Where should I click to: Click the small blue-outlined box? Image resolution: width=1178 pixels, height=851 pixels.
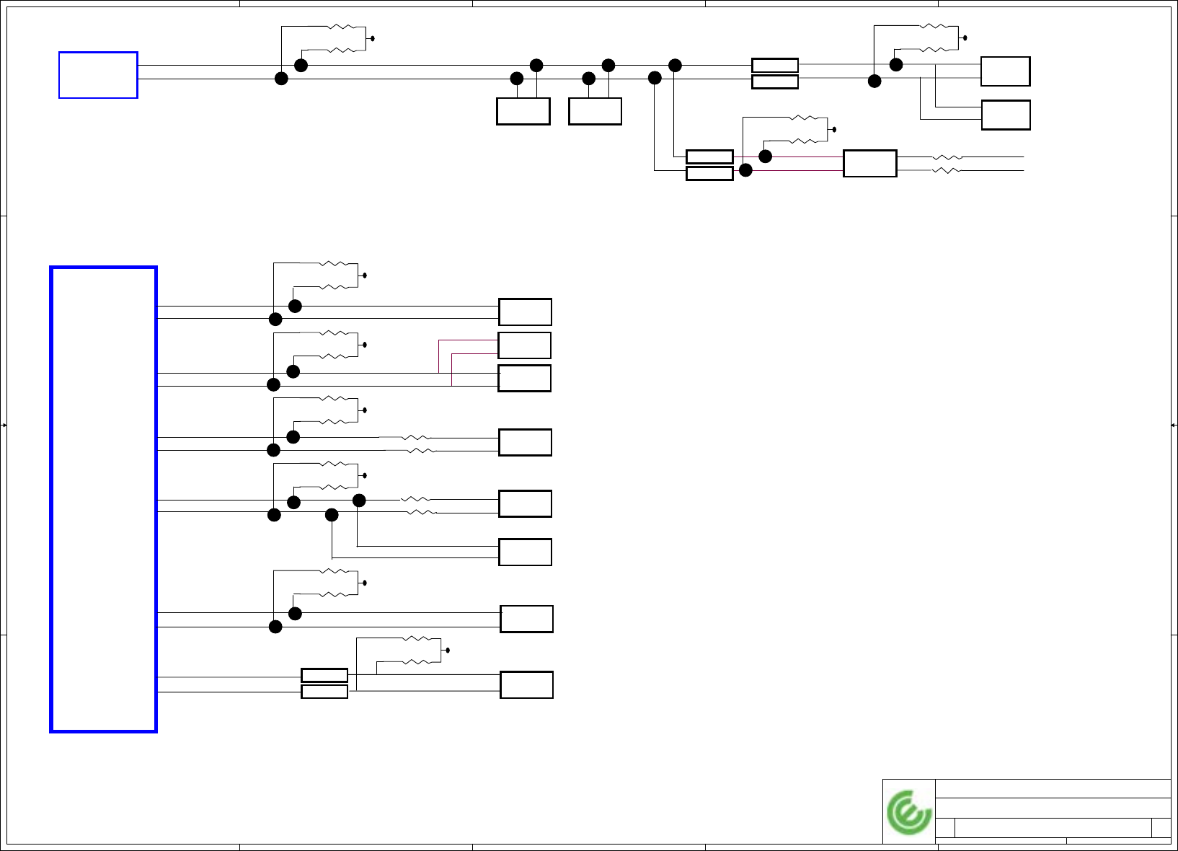click(98, 75)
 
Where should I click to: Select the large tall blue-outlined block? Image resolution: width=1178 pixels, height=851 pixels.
click(103, 499)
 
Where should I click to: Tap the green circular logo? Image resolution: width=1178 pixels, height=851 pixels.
click(908, 812)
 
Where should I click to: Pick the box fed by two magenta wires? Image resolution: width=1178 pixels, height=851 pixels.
click(524, 345)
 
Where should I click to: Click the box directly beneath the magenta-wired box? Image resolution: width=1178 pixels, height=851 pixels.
click(524, 379)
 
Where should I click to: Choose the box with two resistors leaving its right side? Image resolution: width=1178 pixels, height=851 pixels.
click(869, 164)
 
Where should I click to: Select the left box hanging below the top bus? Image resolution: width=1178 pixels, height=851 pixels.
click(523, 112)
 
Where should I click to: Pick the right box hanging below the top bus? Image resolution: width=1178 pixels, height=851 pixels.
click(595, 112)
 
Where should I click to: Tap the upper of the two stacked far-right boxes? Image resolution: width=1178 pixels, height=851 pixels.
click(1005, 71)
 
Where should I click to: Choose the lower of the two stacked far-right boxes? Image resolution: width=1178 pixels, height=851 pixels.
click(1005, 115)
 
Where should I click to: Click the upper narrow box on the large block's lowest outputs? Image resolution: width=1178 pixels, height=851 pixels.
click(324, 676)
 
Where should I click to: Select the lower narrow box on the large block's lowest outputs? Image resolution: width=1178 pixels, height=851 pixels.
click(324, 692)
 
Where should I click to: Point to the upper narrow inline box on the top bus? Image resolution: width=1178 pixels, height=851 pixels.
click(774, 66)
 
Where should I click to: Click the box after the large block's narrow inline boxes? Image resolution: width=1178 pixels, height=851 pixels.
click(526, 685)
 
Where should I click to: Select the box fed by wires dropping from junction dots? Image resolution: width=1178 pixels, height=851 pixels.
click(525, 552)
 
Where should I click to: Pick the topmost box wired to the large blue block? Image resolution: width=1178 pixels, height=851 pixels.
click(525, 312)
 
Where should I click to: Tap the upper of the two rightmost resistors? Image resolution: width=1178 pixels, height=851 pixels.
click(947, 156)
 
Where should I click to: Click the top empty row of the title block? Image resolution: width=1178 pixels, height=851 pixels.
click(1053, 788)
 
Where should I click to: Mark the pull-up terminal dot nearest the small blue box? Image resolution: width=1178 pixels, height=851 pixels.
click(372, 38)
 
